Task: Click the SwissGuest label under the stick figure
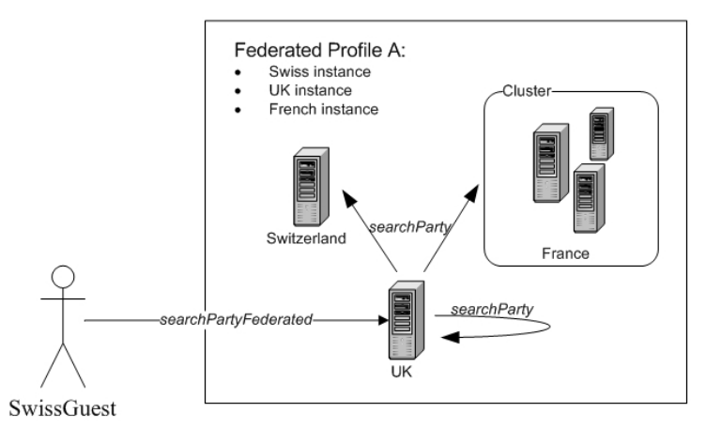[x=64, y=409]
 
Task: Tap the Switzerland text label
[x=306, y=238]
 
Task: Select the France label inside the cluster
[x=565, y=253]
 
